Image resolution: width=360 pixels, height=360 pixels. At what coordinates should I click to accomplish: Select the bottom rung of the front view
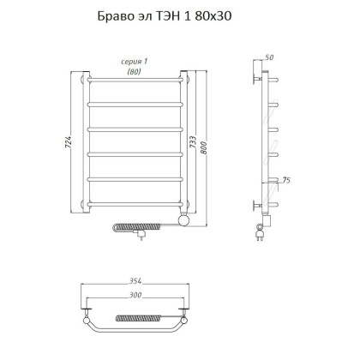click(x=134, y=202)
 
